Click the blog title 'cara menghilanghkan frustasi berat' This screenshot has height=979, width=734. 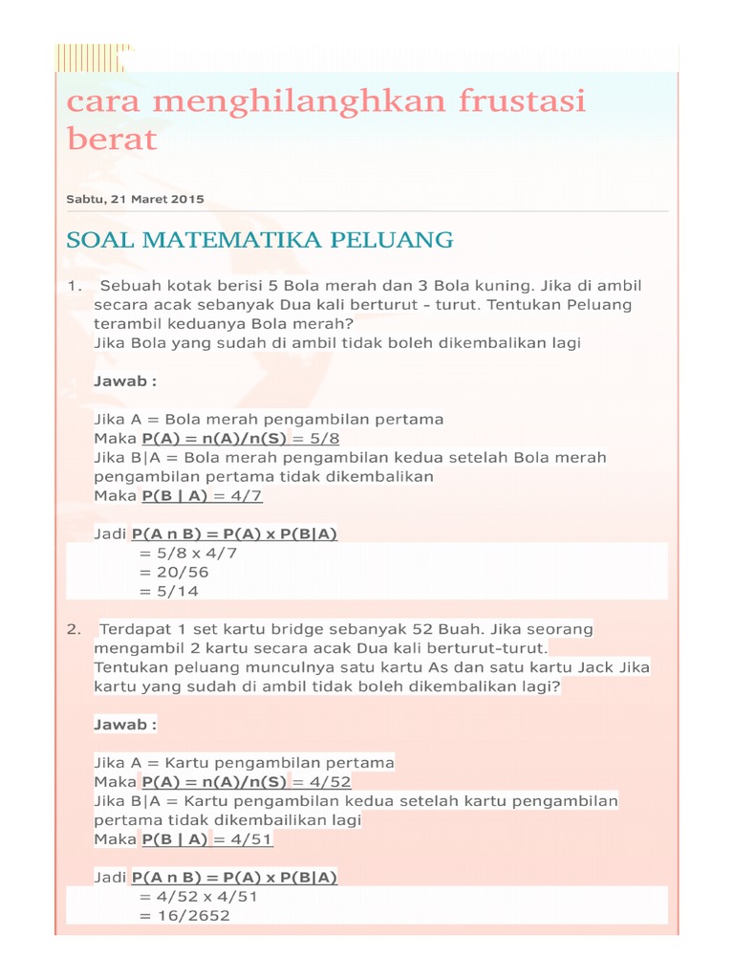click(x=325, y=120)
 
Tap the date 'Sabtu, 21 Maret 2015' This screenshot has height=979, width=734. click(x=135, y=199)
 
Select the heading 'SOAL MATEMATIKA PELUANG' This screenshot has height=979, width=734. click(x=260, y=239)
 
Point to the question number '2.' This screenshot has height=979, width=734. click(x=74, y=629)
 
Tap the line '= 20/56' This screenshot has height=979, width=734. click(x=173, y=572)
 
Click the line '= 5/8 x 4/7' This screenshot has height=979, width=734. click(x=187, y=553)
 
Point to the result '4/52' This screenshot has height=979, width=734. click(x=329, y=781)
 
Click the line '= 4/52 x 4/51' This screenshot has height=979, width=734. click(x=198, y=897)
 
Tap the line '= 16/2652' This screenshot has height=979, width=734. click(x=184, y=916)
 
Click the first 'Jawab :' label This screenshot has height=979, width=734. click(x=124, y=381)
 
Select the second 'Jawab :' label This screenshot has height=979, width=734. click(x=124, y=724)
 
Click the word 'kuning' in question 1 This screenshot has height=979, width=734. click(x=502, y=286)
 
